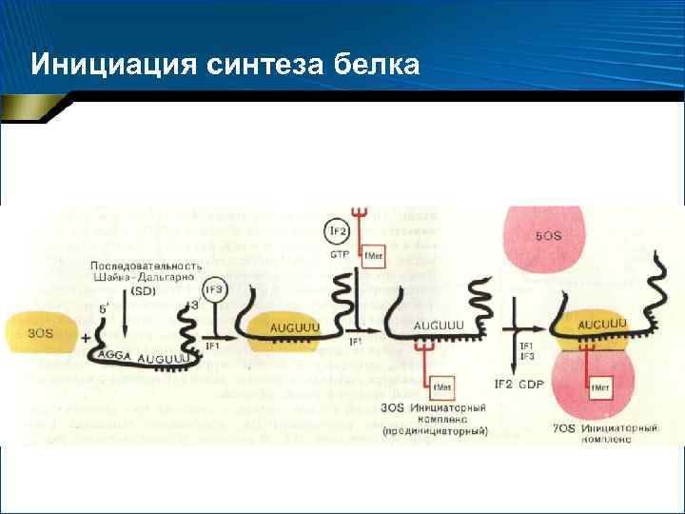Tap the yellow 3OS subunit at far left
click(x=40, y=333)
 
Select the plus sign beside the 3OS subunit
click(x=86, y=339)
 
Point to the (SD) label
click(x=144, y=290)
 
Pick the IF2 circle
click(x=337, y=230)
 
